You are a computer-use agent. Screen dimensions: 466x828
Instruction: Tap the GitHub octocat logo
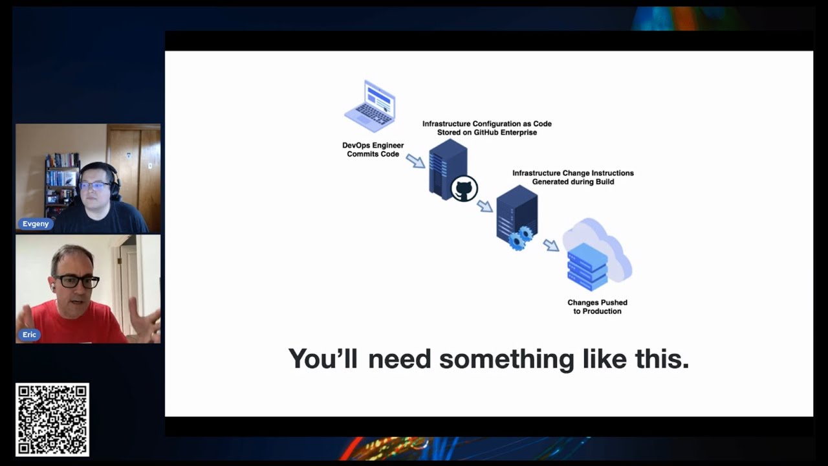coord(464,189)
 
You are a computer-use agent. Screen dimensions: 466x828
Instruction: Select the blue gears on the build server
coord(520,238)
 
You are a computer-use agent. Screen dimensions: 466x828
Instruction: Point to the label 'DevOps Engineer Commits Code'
coord(373,150)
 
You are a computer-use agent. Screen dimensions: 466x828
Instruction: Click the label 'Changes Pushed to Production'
coord(597,307)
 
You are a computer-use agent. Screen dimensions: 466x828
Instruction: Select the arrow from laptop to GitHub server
coord(415,160)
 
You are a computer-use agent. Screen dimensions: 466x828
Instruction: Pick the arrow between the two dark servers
coord(485,206)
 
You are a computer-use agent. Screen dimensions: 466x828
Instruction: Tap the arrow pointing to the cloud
coord(550,245)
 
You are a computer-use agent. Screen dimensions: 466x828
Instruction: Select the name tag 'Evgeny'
coord(36,224)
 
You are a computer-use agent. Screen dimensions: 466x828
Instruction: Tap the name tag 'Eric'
coord(29,335)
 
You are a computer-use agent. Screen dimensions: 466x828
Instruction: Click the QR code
coord(52,419)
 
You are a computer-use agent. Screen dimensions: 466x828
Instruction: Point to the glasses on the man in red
coord(77,281)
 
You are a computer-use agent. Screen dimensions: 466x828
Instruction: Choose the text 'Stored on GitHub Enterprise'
coord(486,133)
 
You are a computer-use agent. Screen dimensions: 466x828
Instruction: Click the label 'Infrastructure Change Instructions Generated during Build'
coord(572,177)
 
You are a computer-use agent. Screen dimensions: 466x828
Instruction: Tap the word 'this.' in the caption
coord(662,359)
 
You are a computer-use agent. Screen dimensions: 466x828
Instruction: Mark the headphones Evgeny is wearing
coord(114,181)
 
